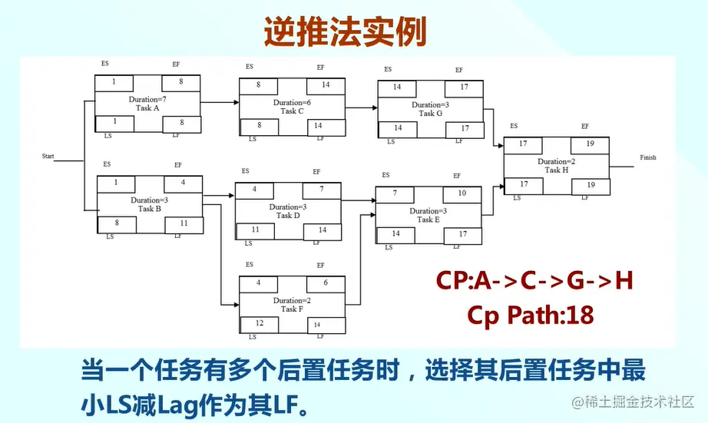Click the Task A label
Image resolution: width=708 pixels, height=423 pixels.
(147, 108)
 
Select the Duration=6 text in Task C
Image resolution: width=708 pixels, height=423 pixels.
(291, 102)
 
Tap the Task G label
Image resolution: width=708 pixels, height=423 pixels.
(430, 113)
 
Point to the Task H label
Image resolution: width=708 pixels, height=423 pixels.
(557, 170)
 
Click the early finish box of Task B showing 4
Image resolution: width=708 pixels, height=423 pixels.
(183, 183)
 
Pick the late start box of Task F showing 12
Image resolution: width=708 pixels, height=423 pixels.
(259, 324)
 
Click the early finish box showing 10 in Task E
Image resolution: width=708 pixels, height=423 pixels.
(462, 193)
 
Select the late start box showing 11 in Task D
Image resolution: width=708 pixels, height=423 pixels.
(254, 230)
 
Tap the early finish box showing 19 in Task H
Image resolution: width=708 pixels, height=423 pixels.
(591, 144)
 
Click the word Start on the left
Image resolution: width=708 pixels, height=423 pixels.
(48, 156)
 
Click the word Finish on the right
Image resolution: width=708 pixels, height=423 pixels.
(647, 157)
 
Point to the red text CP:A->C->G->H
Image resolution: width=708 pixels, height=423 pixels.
(535, 282)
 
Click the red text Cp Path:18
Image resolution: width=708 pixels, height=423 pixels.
(530, 315)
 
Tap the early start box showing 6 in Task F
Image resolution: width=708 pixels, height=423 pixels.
(326, 283)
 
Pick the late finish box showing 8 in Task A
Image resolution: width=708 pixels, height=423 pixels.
(181, 123)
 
